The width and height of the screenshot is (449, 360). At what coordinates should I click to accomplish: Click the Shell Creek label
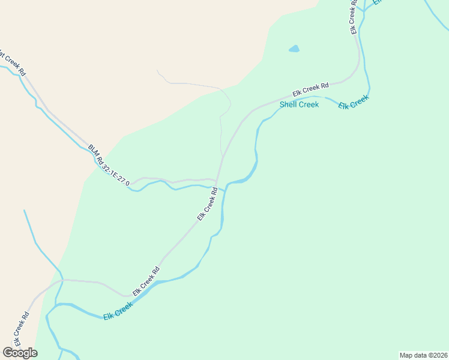pyautogui.click(x=299, y=104)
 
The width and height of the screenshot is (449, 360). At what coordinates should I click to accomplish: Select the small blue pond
pyautogui.click(x=294, y=49)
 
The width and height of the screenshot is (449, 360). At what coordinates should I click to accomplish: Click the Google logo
pyautogui.click(x=20, y=353)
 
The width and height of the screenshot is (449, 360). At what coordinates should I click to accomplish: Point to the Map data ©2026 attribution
pyautogui.click(x=423, y=355)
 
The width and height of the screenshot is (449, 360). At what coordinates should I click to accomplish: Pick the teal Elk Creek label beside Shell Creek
pyautogui.click(x=353, y=102)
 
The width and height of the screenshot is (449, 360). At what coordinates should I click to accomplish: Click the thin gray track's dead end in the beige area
pyautogui.click(x=157, y=70)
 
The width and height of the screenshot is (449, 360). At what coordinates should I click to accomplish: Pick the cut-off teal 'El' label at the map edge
pyautogui.click(x=378, y=2)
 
